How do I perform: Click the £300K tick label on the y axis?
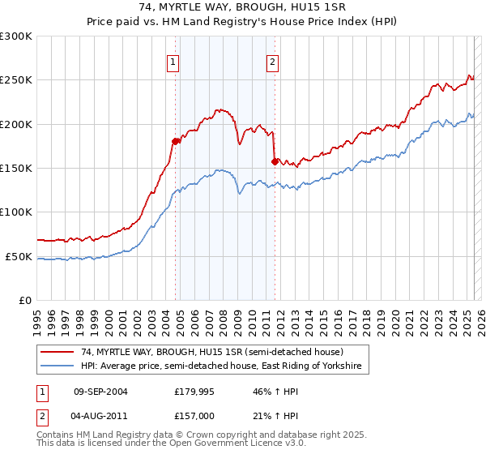[16, 36]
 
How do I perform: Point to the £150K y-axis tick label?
[16, 169]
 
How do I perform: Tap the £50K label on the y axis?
[19, 256]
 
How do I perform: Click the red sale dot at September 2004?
[175, 142]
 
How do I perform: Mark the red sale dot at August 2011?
[275, 161]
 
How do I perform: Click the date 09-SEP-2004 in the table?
[100, 392]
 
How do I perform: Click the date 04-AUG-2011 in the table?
[100, 415]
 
